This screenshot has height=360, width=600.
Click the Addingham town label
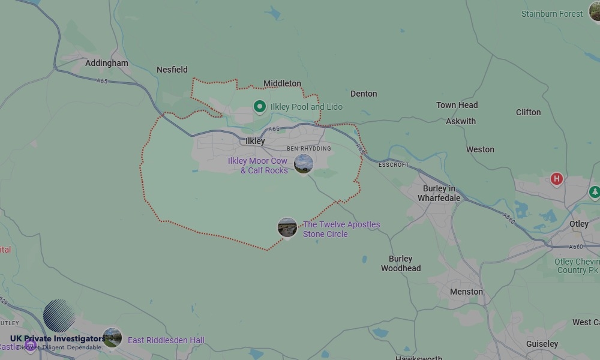tap(107, 63)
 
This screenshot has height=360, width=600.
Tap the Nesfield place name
tap(172, 70)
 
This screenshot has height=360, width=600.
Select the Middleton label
tap(282, 83)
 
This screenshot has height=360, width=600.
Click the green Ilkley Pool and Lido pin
tap(260, 107)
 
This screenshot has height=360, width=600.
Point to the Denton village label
tap(364, 94)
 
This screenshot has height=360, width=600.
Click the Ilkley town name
tap(255, 141)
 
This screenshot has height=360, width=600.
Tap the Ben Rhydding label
tap(308, 148)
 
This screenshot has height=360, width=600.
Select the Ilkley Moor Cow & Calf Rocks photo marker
tap(304, 164)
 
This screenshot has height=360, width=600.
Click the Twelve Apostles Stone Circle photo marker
tap(287, 227)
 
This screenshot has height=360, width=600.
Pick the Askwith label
tap(461, 121)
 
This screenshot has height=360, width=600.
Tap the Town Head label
tap(457, 105)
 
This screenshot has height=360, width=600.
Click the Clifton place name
tap(528, 112)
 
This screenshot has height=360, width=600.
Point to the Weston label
tap(480, 149)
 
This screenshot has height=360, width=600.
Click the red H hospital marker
tap(557, 179)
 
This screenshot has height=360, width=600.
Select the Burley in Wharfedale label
tap(439, 193)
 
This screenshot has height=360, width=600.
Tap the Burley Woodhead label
tap(401, 263)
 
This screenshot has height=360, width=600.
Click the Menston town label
tap(466, 292)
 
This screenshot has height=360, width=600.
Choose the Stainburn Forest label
tap(551, 14)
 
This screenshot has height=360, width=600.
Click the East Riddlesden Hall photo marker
tap(112, 337)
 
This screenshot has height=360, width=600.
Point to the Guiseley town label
tap(542, 344)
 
